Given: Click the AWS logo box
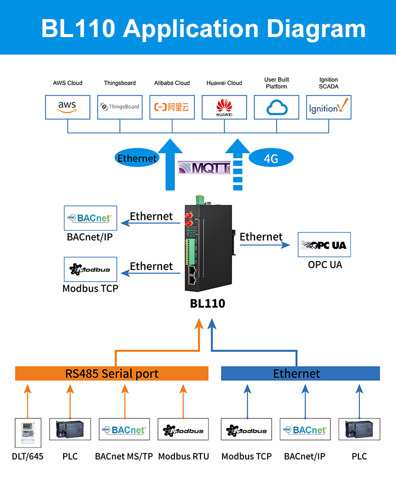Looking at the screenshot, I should (68, 107).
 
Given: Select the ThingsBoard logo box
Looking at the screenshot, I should (120, 107).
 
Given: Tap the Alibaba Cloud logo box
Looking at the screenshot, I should (172, 107).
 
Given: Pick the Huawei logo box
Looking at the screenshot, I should (224, 107).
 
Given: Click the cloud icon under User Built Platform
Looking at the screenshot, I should (276, 107).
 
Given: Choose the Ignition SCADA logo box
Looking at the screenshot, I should (328, 107).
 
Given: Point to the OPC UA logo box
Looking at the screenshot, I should (324, 245).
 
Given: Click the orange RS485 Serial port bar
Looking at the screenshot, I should (112, 374).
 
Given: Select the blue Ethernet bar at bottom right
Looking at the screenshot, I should (300, 374).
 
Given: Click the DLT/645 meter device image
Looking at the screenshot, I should (28, 432).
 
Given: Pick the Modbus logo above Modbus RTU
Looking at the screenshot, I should (183, 430).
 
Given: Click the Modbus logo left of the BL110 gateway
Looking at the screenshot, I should (90, 270).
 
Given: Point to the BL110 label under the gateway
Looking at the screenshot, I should (208, 304).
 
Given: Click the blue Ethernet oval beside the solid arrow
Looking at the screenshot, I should (136, 158).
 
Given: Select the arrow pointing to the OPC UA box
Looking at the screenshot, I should (265, 245).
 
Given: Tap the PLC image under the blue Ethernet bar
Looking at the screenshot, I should (359, 430).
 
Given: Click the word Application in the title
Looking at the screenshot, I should (191, 28).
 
